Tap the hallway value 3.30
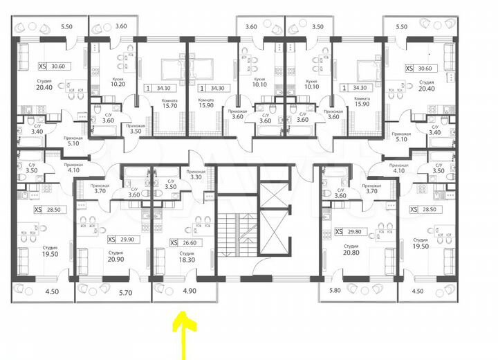click(x=196, y=177)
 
